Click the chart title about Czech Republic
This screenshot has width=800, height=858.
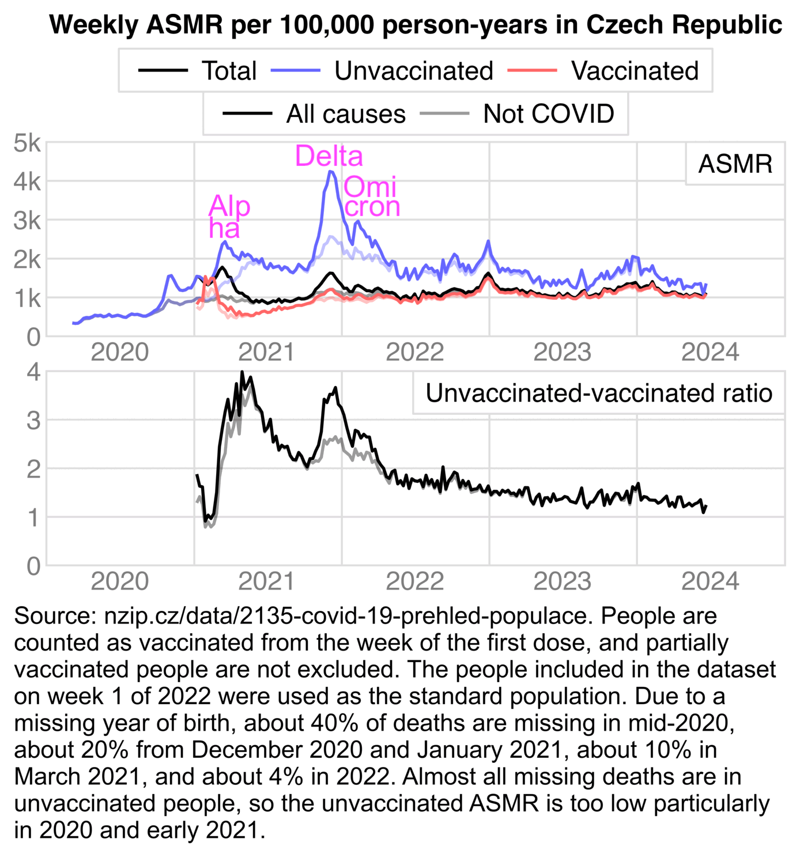416,25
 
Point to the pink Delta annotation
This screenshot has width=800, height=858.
329,156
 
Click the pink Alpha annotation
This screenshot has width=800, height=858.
229,217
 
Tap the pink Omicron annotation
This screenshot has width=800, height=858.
371,197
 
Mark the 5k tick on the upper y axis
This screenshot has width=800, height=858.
27,143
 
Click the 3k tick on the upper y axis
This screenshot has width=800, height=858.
27,220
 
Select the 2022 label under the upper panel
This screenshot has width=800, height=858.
415,352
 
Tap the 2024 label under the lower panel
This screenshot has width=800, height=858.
710,581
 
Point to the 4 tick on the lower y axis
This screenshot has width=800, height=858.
33,372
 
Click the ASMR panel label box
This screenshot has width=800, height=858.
735,164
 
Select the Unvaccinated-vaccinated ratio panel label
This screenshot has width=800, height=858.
598,393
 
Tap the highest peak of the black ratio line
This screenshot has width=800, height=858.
242,372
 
